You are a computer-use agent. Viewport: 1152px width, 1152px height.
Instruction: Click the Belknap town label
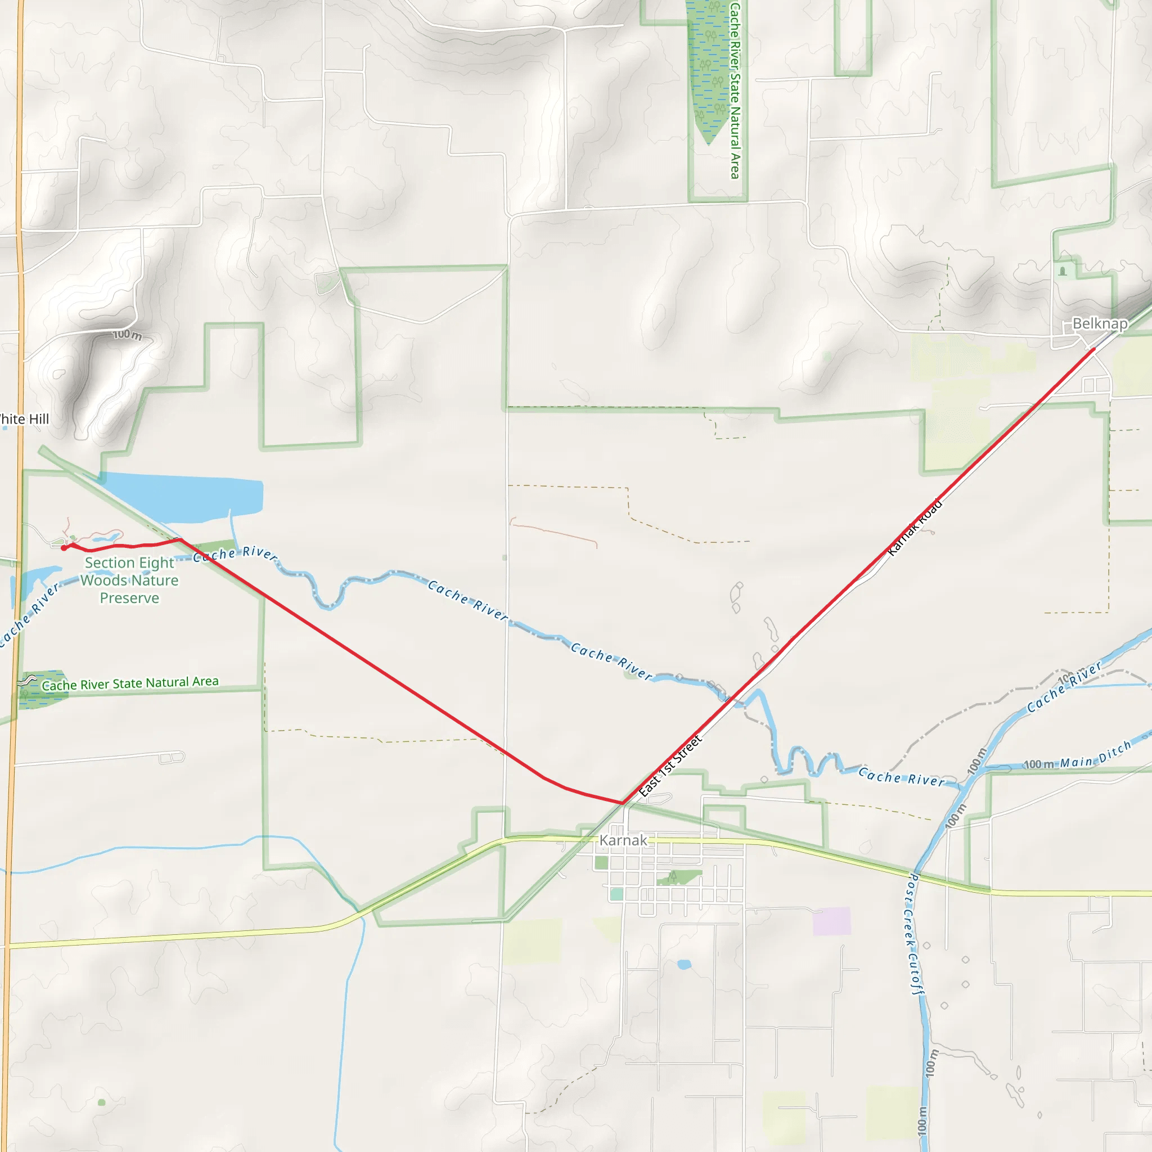point(1100,324)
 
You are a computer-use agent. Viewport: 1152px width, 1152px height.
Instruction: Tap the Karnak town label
point(623,840)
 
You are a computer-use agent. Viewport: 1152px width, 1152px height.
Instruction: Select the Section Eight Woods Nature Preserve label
point(129,580)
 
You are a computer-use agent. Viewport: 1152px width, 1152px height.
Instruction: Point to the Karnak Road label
point(915,527)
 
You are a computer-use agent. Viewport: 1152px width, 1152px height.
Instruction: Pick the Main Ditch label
point(1095,754)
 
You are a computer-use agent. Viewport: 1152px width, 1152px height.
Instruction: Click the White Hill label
point(24,419)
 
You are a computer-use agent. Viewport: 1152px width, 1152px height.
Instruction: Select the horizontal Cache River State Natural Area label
point(129,683)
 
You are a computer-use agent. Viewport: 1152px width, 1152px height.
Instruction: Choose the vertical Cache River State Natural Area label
point(735,89)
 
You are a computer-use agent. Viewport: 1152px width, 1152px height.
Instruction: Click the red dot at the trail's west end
point(64,547)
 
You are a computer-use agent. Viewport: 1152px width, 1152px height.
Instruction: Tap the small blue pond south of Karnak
point(684,964)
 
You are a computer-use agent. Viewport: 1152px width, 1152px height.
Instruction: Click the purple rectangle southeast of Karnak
point(831,921)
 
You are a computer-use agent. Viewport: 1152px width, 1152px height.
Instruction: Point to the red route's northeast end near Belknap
point(1094,349)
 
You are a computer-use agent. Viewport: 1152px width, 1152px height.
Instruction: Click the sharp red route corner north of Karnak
point(622,803)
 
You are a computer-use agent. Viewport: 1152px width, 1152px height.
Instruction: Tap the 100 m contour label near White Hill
point(127,335)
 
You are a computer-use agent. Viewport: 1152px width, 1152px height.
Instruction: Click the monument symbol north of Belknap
point(1063,271)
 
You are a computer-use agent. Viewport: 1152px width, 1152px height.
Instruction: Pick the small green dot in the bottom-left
point(101,1102)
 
